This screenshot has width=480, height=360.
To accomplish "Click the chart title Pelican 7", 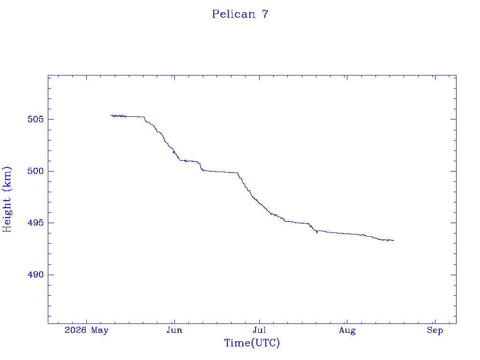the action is tap(240, 14).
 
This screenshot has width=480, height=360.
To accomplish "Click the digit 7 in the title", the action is tap(265, 14).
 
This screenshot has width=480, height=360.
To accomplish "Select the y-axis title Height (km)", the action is tap(7, 199).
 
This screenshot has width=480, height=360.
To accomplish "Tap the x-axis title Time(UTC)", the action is tap(252, 343).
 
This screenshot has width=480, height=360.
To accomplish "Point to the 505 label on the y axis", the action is tap(36, 119).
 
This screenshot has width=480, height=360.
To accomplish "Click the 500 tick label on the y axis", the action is tap(36, 171).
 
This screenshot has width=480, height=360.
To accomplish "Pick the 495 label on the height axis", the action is tap(36, 223).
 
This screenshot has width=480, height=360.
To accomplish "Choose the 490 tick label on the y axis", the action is tap(36, 275).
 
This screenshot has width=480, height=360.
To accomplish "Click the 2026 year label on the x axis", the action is tap(75, 330).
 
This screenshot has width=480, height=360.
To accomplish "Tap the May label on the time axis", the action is tap(100, 330).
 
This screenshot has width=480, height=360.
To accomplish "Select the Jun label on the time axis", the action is tap(174, 330).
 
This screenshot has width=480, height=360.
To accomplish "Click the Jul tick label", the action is tap(259, 330).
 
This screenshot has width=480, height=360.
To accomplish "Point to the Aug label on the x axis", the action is tap(347, 330).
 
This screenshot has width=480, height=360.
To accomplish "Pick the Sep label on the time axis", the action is tap(435, 330).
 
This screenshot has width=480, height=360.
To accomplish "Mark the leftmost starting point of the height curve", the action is tap(111, 115).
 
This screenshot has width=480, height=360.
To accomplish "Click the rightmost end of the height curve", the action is tap(394, 240).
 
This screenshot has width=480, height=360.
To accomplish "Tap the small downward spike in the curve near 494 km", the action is tap(317, 232).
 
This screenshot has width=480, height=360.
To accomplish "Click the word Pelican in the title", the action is tap(234, 14).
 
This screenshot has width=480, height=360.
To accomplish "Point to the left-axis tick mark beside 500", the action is tap(51, 171).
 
